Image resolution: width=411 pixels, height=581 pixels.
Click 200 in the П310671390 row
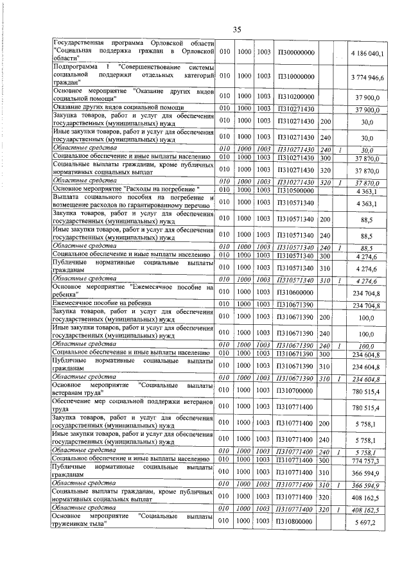tap(326, 318)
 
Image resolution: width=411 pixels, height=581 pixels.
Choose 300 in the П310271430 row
tap(326, 157)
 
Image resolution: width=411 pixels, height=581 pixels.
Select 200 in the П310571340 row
tap(326, 220)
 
